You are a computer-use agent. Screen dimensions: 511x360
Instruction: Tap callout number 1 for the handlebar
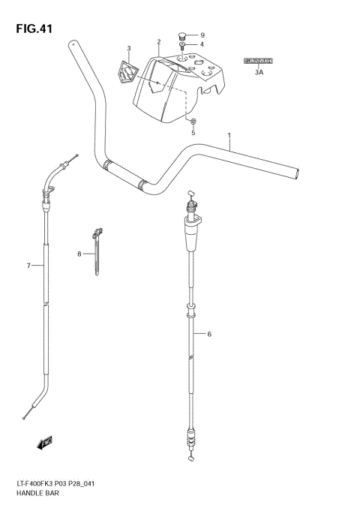pyautogui.click(x=229, y=136)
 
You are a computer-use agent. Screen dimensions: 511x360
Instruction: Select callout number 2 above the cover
pyautogui.click(x=159, y=42)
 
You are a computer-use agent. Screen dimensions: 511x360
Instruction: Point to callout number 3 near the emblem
pyautogui.click(x=128, y=49)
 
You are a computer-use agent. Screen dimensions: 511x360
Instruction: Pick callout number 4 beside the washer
pyautogui.click(x=202, y=45)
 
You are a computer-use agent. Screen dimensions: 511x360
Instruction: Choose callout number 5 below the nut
pyautogui.click(x=193, y=134)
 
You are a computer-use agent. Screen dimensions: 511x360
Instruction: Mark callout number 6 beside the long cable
pyautogui.click(x=209, y=334)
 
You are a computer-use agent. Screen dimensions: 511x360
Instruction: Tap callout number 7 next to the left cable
pyautogui.click(x=28, y=266)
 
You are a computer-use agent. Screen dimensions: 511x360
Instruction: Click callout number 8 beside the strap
pyautogui.click(x=79, y=254)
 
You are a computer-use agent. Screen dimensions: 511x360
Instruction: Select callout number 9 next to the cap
pyautogui.click(x=202, y=35)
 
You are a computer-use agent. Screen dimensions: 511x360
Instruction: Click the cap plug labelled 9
pyautogui.click(x=181, y=35)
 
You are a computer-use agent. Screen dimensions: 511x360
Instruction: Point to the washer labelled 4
pyautogui.click(x=182, y=45)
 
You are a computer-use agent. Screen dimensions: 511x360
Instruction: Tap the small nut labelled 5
pyautogui.click(x=193, y=121)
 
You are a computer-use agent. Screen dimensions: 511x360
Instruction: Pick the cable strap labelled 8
pyautogui.click(x=97, y=252)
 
